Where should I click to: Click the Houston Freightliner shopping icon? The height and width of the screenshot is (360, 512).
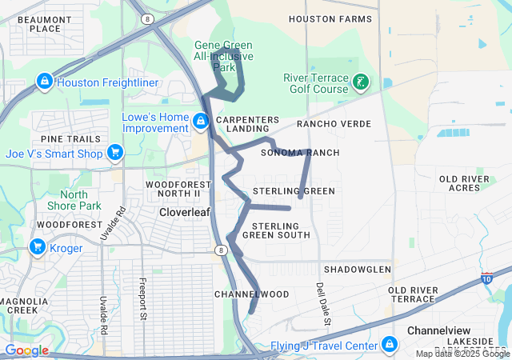tap(44, 82)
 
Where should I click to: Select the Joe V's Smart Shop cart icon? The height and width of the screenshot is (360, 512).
tap(115, 152)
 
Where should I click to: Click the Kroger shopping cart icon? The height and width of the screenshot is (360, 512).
tap(37, 246)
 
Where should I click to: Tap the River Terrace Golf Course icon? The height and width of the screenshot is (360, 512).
tap(361, 82)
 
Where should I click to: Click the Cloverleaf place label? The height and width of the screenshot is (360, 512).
tap(185, 213)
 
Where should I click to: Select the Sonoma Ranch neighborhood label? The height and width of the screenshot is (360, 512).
tap(300, 153)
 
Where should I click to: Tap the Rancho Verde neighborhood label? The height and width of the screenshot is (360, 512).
tap(334, 124)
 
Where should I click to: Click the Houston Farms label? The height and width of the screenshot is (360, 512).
tap(330, 18)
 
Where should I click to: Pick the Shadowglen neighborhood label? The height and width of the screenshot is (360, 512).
tap(358, 270)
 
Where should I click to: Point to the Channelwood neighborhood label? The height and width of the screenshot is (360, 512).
tap(251, 294)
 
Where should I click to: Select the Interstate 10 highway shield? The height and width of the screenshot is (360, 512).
tap(487, 278)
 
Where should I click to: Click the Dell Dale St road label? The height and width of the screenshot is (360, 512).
tap(322, 302)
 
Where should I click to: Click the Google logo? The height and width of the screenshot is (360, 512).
tap(26, 350)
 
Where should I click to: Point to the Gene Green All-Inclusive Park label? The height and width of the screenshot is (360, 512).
tap(224, 56)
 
